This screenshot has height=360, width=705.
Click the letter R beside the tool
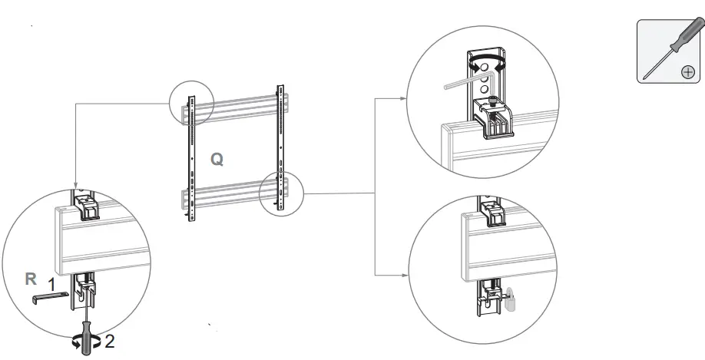(31, 279)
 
